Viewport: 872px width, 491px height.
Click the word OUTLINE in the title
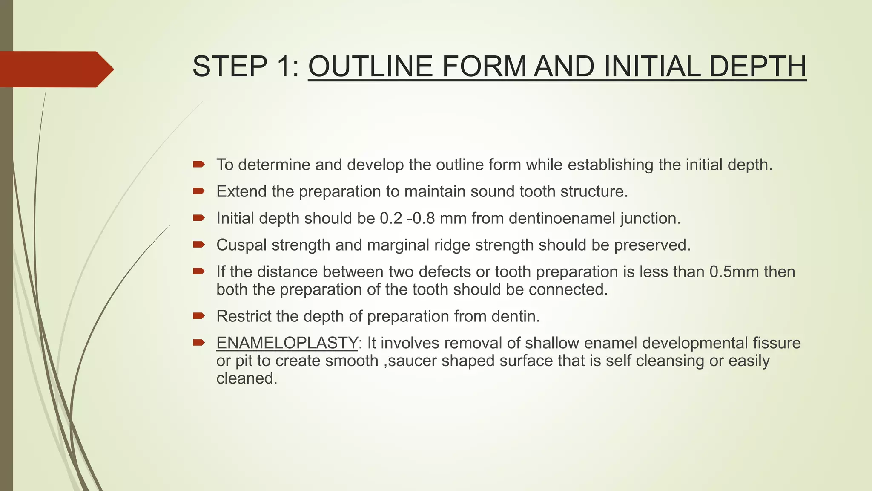click(x=370, y=66)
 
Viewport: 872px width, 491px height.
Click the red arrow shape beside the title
click(x=55, y=69)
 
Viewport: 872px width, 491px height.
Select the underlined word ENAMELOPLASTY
click(x=287, y=343)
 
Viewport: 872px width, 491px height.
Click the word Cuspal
click(x=241, y=245)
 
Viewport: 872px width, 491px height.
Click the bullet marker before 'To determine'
click(x=199, y=164)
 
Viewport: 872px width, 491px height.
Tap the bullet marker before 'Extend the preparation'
click(x=199, y=191)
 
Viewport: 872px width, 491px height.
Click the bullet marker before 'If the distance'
click(x=199, y=271)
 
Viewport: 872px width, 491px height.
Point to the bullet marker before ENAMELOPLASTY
click(x=199, y=342)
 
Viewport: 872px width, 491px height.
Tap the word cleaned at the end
click(x=247, y=378)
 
